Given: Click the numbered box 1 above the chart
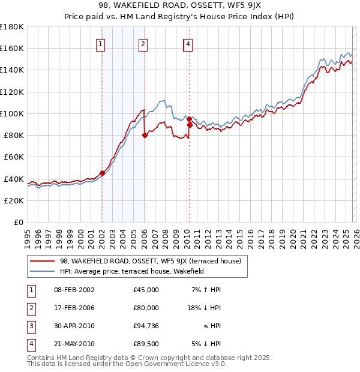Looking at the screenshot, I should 100,44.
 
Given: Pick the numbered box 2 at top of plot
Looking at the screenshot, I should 143,44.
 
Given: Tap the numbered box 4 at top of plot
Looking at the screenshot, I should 188,44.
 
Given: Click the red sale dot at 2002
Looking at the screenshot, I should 102,173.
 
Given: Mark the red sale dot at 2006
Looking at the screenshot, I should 145,136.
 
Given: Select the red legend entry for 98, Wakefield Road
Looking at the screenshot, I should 150,261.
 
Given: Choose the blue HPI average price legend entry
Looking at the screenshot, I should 132,271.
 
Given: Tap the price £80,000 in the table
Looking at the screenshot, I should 146,308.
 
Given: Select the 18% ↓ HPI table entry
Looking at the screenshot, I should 204,308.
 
